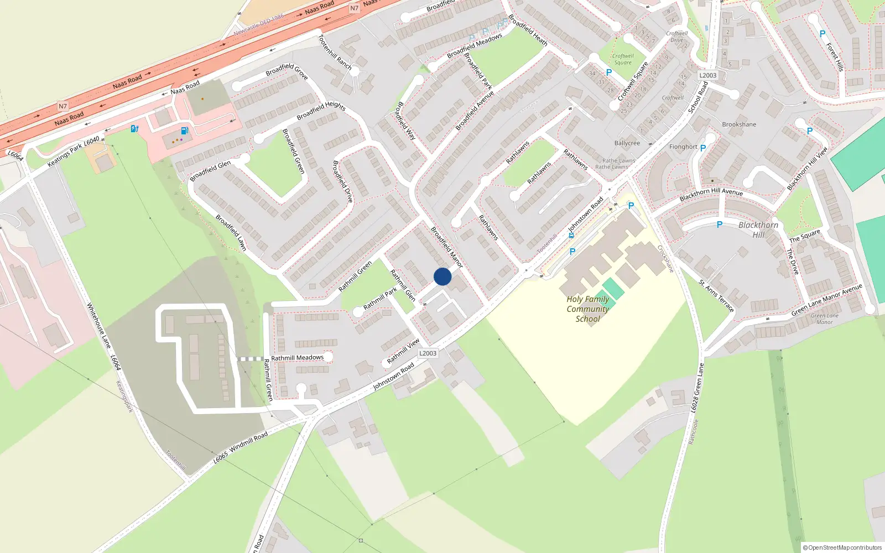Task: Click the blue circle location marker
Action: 442,276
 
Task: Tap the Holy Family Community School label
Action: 587,309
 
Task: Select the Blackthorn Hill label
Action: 758,229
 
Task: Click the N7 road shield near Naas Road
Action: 63,106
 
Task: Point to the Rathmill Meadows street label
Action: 297,358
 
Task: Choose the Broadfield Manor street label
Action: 447,247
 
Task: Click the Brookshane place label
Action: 739,124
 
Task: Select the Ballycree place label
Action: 627,143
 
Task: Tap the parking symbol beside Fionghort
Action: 703,148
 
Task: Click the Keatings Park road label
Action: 65,154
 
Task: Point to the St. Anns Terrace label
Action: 716,296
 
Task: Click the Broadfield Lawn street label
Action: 231,233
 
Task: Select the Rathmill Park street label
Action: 380,299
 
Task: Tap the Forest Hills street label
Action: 835,58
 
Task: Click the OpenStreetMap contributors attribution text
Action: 842,547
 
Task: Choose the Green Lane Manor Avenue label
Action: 826,300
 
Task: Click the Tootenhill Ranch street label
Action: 335,52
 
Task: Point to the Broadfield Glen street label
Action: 210,171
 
